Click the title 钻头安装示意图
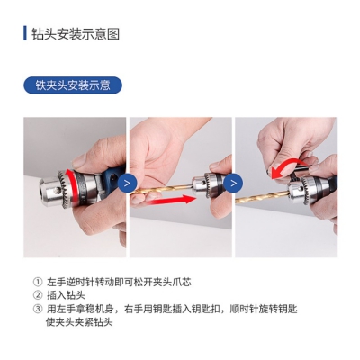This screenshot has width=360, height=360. (76, 33)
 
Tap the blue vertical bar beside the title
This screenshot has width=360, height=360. (25, 33)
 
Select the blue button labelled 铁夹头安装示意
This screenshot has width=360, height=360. (73, 85)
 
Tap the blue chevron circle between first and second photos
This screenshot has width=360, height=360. (127, 183)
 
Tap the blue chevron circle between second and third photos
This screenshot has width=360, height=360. (233, 183)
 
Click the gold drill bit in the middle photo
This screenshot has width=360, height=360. (162, 191)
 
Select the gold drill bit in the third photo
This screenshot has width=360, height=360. (263, 196)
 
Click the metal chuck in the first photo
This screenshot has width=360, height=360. (61, 189)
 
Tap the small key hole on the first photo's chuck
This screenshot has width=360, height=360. (57, 190)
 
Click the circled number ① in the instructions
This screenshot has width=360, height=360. (37, 282)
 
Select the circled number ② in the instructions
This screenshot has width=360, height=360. (37, 295)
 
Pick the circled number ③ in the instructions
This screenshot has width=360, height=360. (37, 309)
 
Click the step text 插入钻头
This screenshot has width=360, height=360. (66, 295)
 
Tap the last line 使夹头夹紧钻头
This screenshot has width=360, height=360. (79, 322)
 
